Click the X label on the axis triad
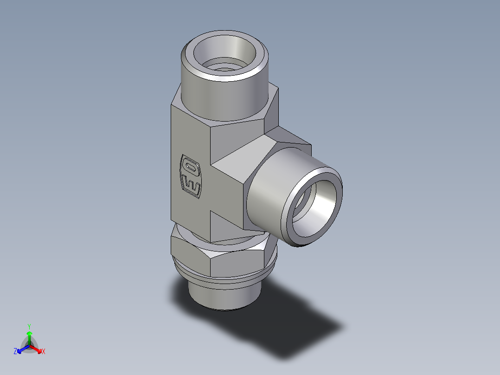(x=43, y=352)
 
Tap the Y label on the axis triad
(x=29, y=326)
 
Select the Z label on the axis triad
(x=15, y=352)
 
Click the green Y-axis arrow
(x=29, y=336)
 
